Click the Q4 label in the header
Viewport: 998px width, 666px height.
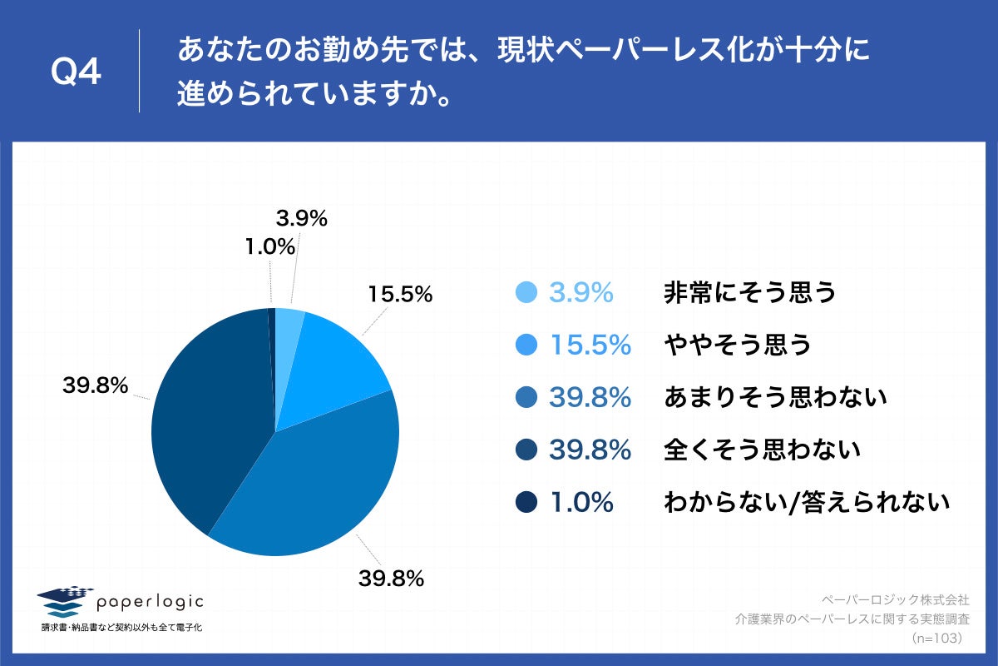(x=76, y=73)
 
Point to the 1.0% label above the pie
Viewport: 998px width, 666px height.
(x=271, y=246)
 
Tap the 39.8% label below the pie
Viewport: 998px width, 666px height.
(x=392, y=578)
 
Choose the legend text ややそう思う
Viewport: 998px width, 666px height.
(x=737, y=345)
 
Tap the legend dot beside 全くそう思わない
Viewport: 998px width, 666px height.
(x=526, y=450)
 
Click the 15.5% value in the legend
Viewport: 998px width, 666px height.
(x=590, y=345)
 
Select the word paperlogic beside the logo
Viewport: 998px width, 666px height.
(x=150, y=601)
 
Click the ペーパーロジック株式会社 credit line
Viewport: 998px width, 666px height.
(x=895, y=599)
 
